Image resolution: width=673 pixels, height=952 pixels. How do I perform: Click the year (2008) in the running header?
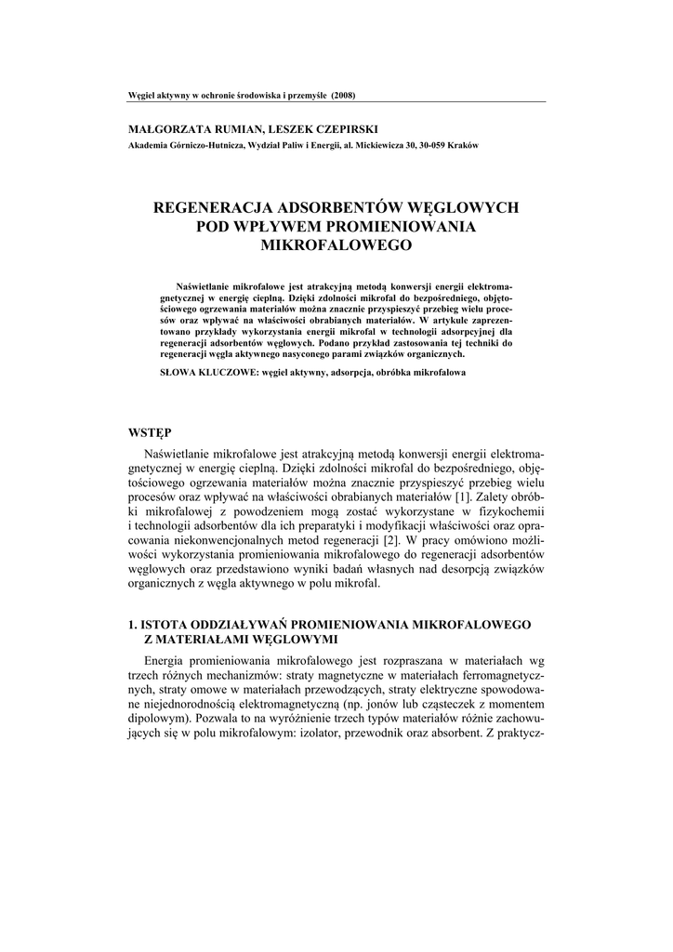click(342, 96)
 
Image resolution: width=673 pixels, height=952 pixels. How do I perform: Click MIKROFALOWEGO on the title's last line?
click(336, 245)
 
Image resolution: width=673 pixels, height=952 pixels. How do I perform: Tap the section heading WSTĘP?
click(150, 432)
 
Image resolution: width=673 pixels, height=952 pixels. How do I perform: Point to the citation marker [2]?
click(389, 541)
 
